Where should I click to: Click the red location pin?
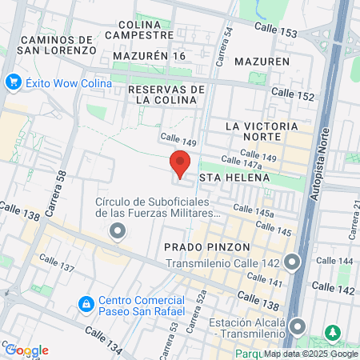coord(180,162)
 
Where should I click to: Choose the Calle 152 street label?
coord(293,94)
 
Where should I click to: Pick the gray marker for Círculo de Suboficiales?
coord(118,232)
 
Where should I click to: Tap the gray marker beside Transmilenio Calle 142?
coord(293,262)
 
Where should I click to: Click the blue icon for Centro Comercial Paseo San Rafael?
coord(86,305)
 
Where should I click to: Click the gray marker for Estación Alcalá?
coord(298,326)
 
